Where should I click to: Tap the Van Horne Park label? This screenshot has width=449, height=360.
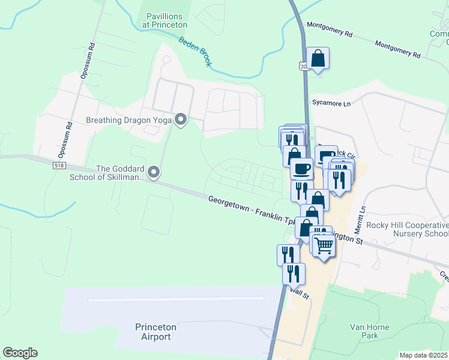click(370, 331)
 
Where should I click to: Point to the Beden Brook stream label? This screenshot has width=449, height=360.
click(195, 52)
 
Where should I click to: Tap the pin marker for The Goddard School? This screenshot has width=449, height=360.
click(154, 173)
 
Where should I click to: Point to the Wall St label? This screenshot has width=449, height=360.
click(299, 291)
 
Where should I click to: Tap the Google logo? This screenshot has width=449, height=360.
click(20, 353)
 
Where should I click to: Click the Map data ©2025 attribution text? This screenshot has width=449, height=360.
click(424, 355)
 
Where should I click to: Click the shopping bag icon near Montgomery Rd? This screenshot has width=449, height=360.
click(318, 59)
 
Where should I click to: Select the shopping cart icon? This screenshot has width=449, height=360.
click(324, 245)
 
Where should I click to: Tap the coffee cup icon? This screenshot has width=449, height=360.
click(302, 169)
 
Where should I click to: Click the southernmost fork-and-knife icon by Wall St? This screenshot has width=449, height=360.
click(294, 274)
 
